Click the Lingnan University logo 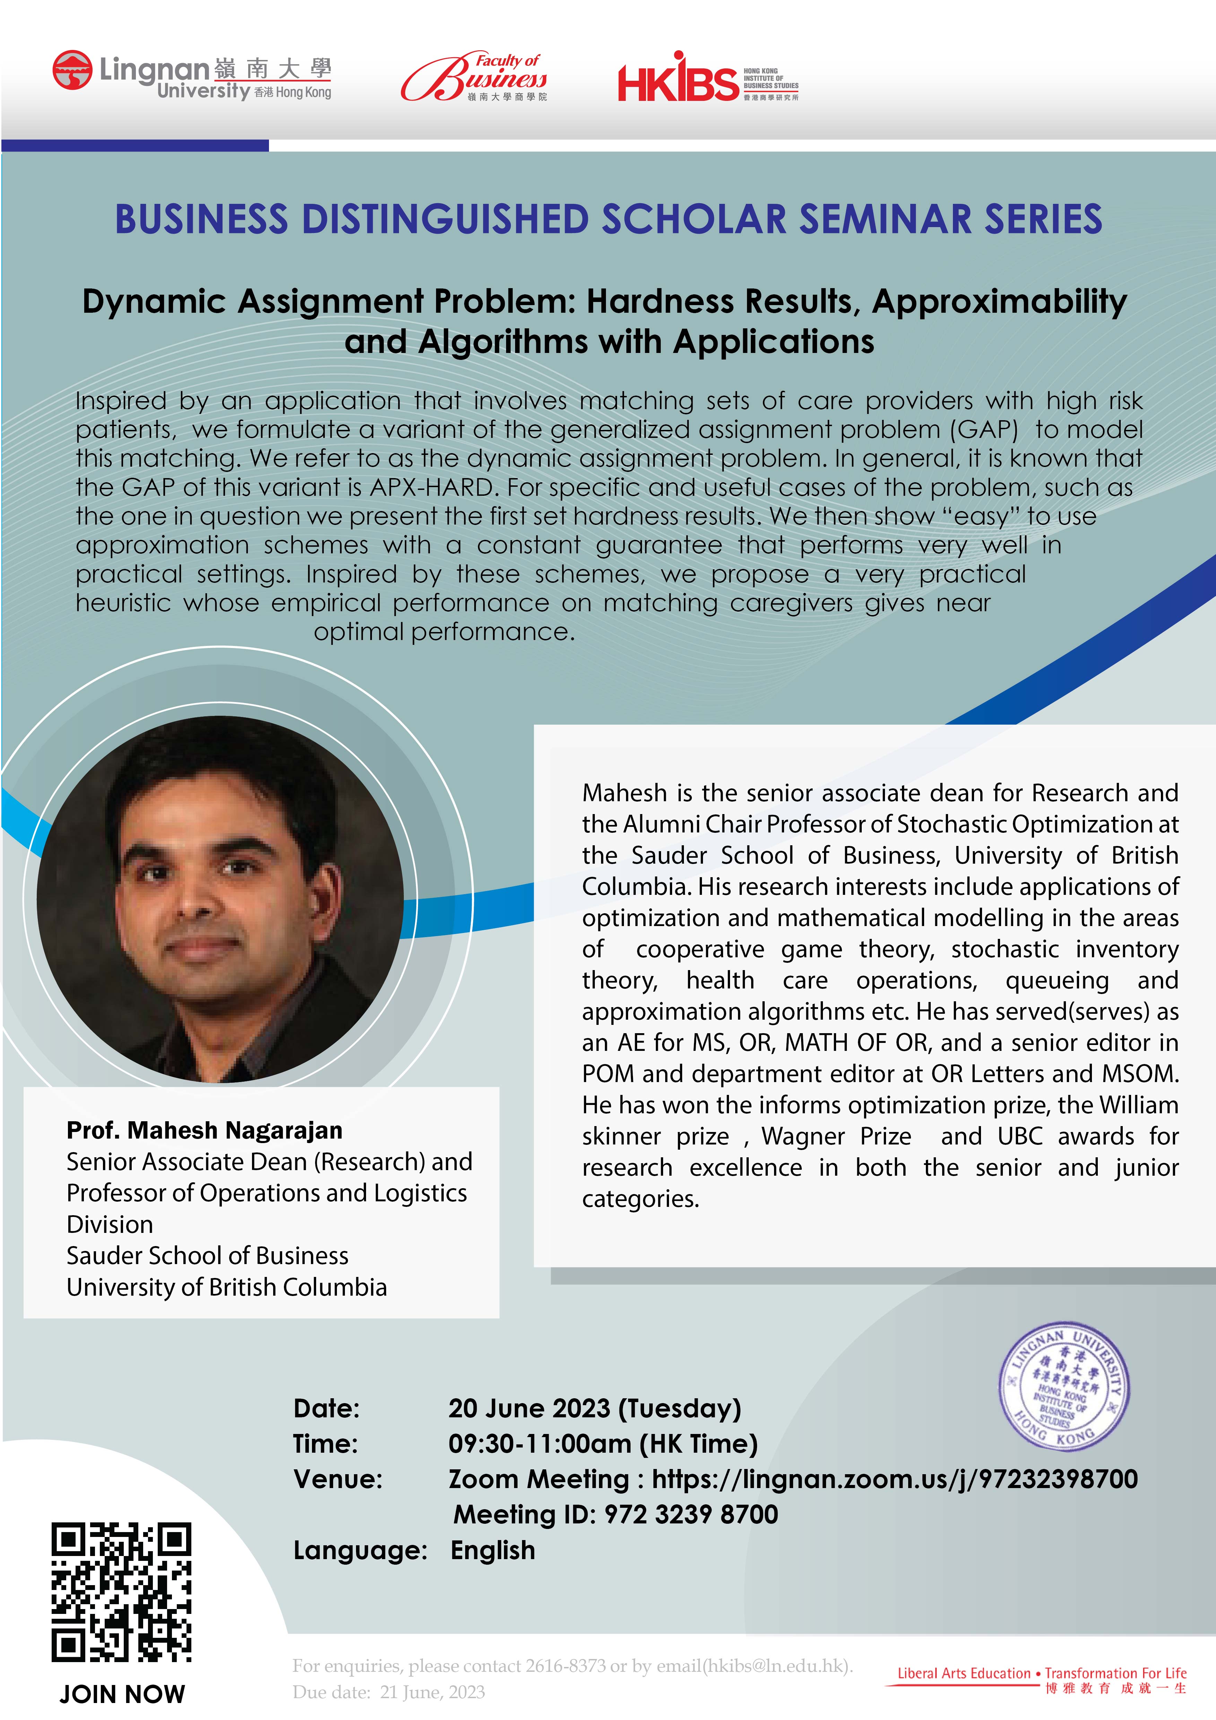(192, 75)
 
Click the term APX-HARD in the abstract (433, 488)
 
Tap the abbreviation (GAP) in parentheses (984, 430)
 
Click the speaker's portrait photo (220, 899)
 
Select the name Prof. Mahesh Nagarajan (205, 1130)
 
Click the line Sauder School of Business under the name (207, 1255)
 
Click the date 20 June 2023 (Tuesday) (594, 1408)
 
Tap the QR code (121, 1592)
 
